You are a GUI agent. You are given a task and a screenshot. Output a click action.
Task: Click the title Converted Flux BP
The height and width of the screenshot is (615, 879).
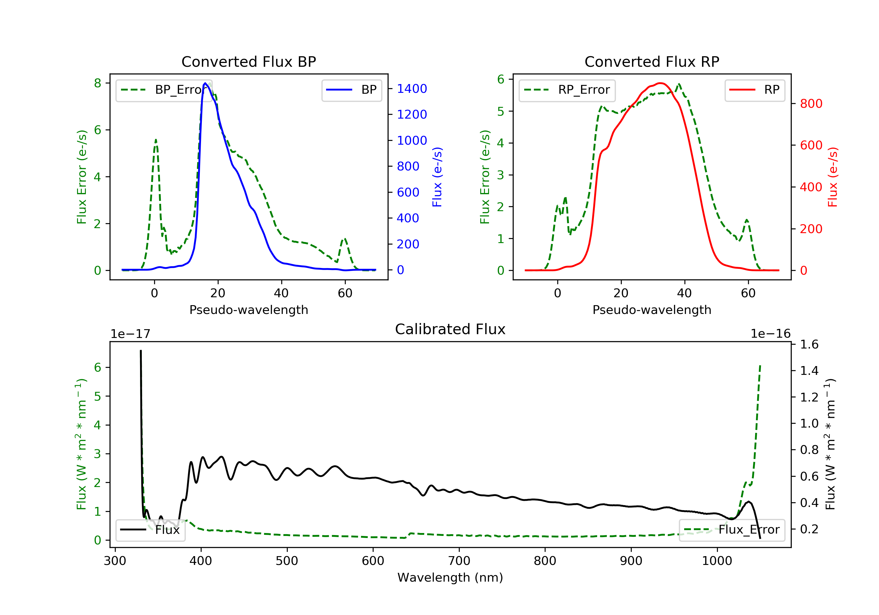click(248, 61)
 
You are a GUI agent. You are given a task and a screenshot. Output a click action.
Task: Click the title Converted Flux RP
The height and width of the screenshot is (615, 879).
click(652, 61)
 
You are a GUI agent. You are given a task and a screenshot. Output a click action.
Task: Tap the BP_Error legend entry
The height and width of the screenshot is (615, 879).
click(164, 90)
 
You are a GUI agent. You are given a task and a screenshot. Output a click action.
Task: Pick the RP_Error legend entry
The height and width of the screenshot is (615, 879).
click(567, 90)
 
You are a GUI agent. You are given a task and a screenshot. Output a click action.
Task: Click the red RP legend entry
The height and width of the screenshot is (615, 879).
click(754, 90)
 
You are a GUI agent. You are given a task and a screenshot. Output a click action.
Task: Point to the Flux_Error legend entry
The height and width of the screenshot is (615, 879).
click(732, 530)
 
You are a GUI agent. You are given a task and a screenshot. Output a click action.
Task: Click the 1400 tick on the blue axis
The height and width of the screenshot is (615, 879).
click(412, 89)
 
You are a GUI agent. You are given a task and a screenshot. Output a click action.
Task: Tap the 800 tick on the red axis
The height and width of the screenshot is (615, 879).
click(811, 104)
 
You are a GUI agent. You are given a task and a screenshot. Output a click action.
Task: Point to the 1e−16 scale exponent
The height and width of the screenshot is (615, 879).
click(770, 334)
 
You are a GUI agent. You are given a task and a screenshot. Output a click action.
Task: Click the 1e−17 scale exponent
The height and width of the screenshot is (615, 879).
click(130, 334)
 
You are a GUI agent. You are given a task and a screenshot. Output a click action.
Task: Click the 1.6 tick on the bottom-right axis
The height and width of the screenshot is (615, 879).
click(809, 344)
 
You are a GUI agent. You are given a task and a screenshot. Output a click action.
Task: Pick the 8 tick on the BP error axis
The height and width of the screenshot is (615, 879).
click(98, 83)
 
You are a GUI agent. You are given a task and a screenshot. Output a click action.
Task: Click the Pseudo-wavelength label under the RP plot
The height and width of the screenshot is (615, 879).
click(652, 310)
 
